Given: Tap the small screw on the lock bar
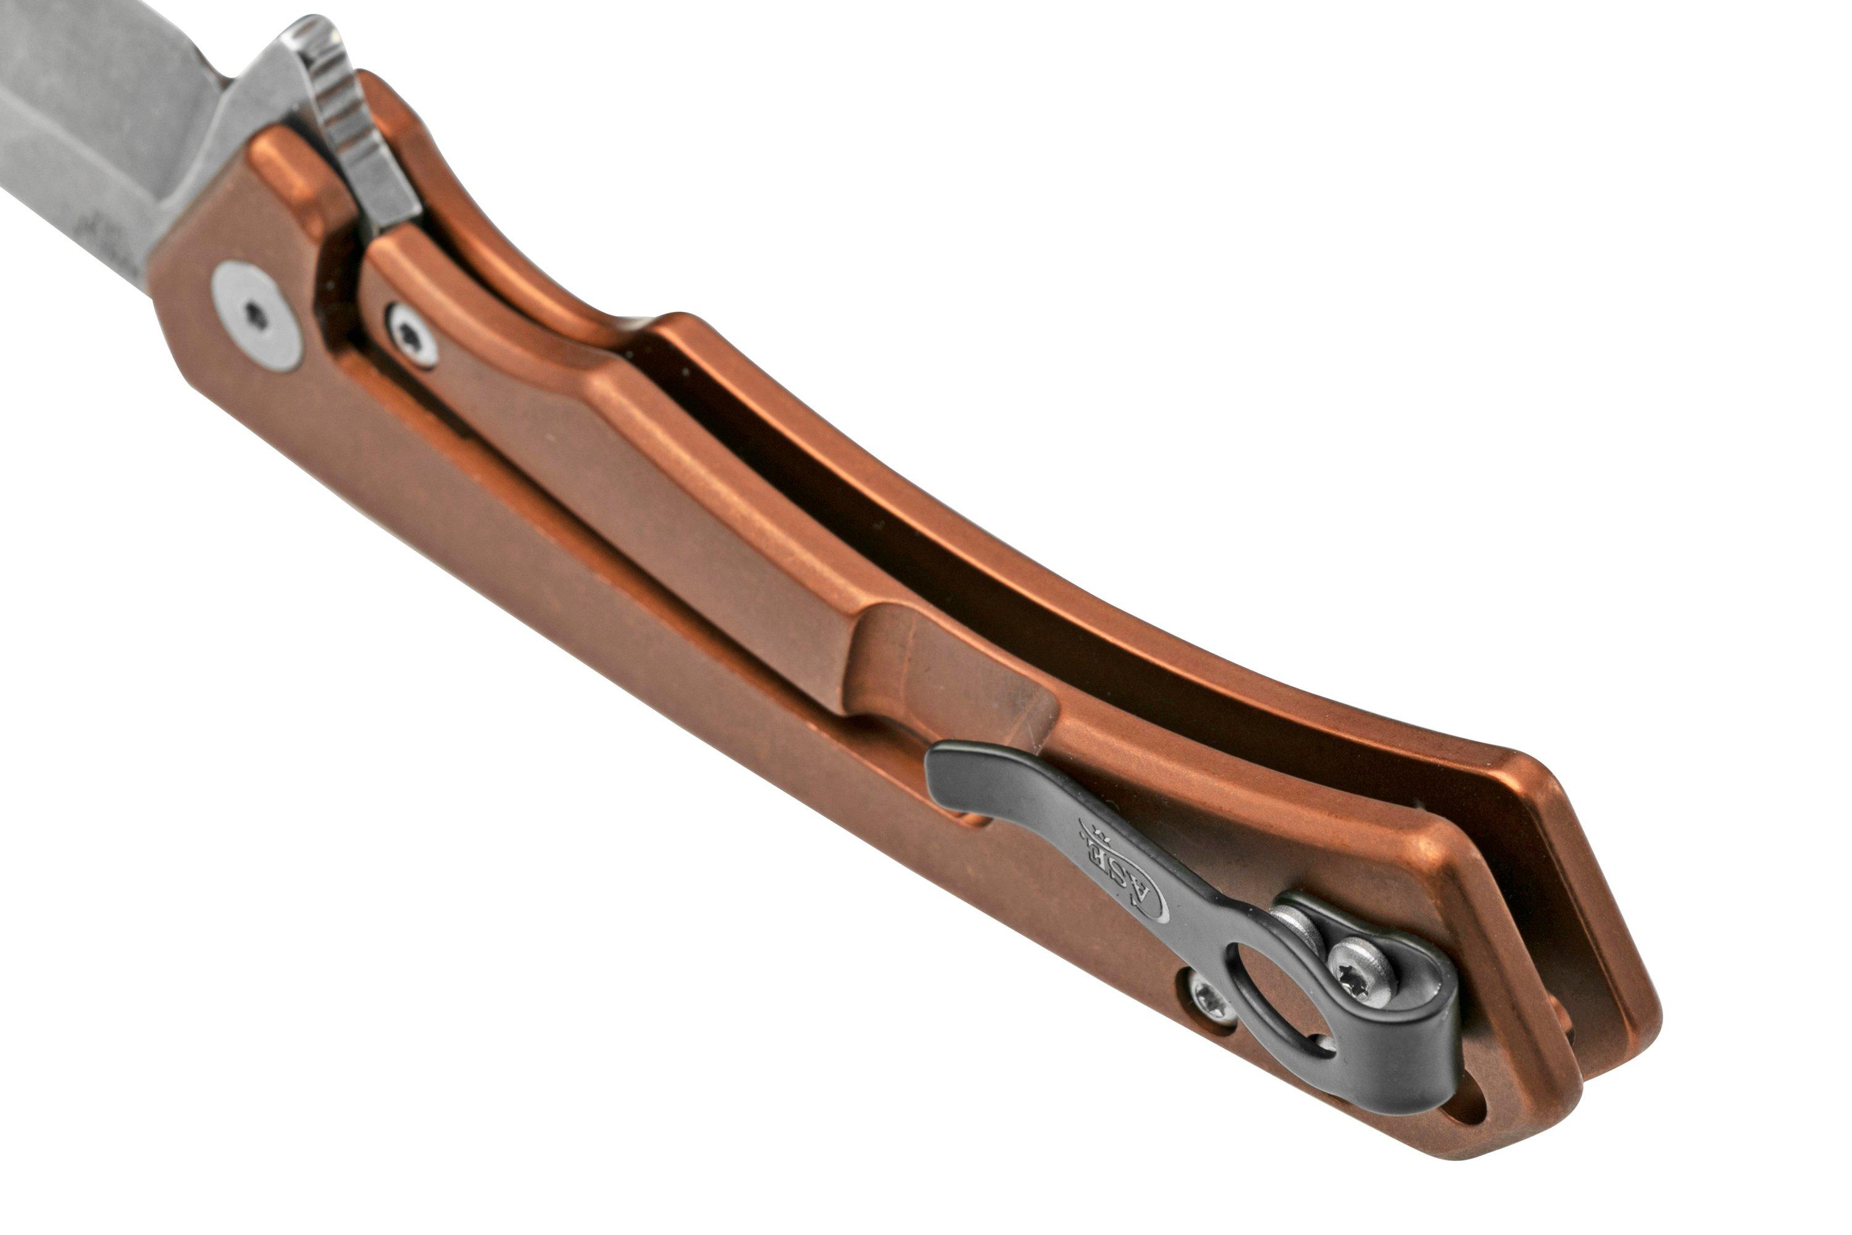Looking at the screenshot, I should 412,335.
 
